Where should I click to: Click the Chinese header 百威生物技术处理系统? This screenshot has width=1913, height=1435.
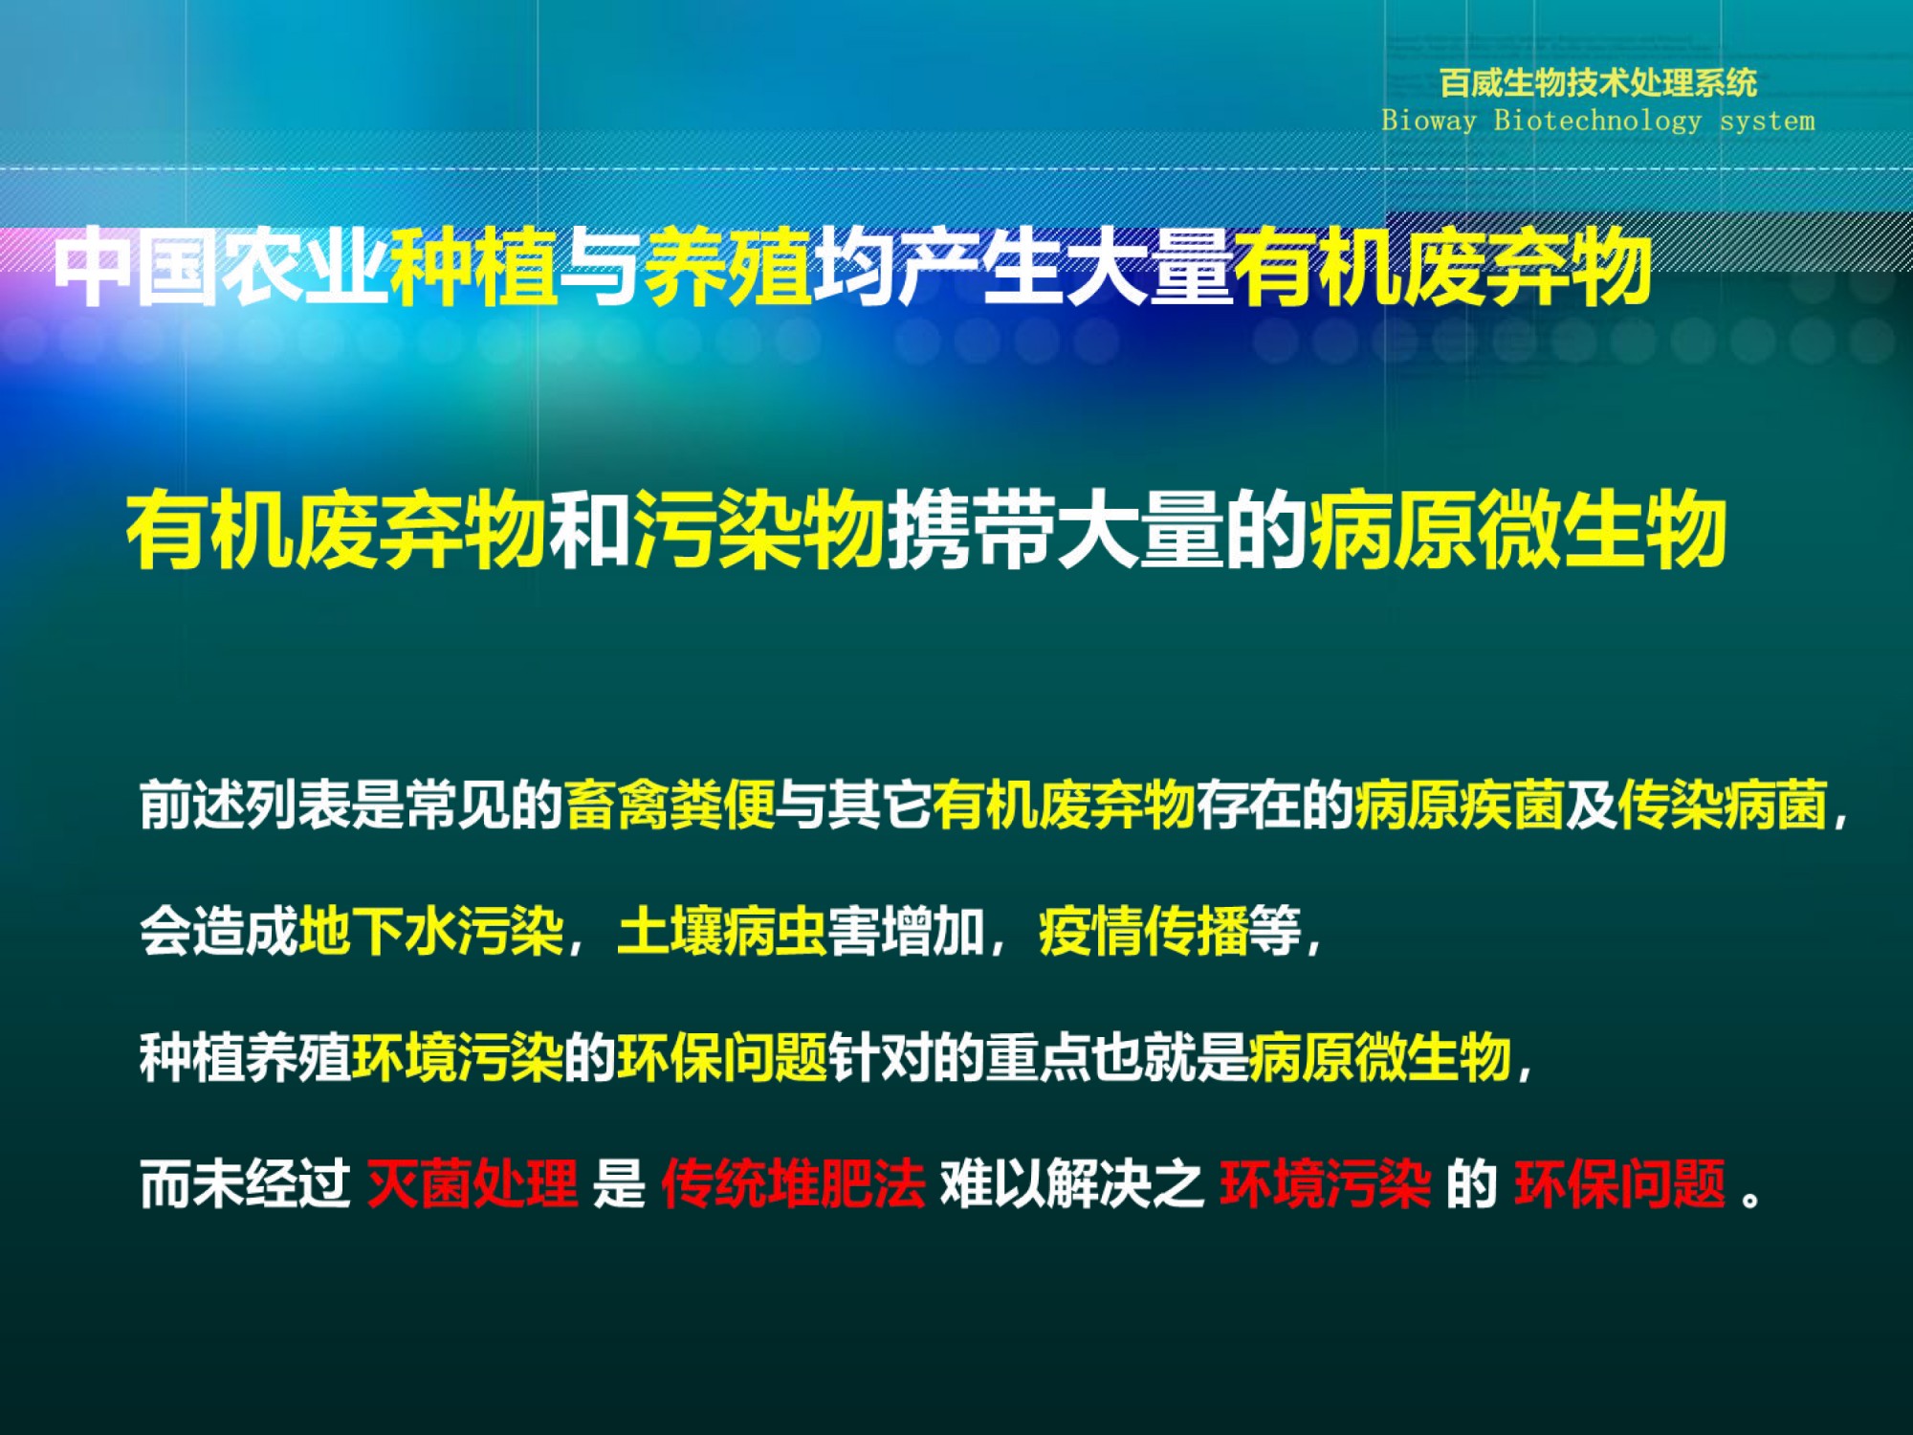(1598, 83)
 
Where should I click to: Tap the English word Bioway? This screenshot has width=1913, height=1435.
(1429, 121)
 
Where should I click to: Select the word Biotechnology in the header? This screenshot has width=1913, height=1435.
(1598, 121)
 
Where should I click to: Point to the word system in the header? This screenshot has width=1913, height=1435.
(1768, 121)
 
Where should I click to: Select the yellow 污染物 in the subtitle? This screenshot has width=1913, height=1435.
(759, 528)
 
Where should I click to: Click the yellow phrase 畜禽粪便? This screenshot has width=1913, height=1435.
(671, 805)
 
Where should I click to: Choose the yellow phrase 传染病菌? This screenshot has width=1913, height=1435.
(1723, 805)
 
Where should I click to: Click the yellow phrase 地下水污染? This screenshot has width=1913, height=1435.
(431, 931)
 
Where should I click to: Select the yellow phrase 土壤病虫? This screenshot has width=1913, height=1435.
(722, 931)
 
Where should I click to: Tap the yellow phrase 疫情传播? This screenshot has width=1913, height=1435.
(1144, 931)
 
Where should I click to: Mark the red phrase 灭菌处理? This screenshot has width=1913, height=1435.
(473, 1184)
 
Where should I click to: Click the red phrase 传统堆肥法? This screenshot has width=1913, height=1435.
(794, 1184)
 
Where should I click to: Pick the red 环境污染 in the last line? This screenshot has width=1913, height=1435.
(1326, 1184)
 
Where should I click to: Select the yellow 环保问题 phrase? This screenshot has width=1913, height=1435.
(722, 1057)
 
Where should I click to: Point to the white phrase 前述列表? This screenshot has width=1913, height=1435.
(246, 805)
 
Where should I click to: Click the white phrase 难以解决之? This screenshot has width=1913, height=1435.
(1072, 1184)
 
